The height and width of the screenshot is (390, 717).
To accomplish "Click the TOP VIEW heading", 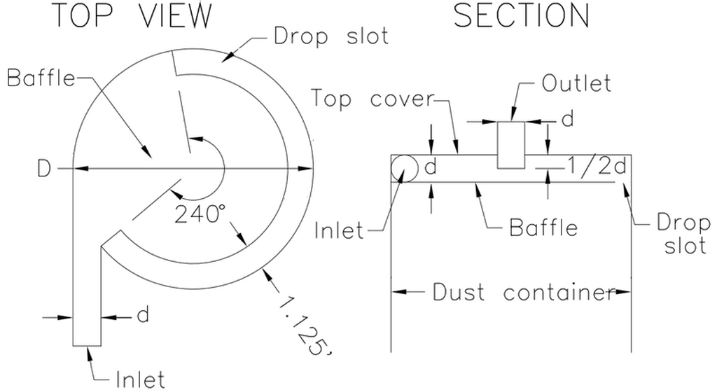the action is point(133,15).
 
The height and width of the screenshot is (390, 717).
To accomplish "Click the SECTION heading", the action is point(521,15).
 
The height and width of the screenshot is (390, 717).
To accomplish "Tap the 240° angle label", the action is point(197,214).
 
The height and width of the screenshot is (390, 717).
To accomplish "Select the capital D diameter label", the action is point(44,169).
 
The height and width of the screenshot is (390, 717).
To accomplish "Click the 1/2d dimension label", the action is point(597,165).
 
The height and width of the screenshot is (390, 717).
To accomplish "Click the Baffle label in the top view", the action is point(41,78).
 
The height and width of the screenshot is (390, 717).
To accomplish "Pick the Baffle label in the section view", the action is point(543,228).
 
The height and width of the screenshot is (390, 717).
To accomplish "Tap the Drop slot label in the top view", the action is point(331,36).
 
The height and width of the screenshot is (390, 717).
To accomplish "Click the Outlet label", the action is point(576,83).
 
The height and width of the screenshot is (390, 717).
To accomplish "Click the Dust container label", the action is point(522,292).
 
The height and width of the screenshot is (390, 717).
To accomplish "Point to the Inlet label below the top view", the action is point(140,379).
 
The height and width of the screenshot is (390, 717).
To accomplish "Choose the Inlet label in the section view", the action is point(339,230).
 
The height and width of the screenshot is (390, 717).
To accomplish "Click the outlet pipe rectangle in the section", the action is point(510,145).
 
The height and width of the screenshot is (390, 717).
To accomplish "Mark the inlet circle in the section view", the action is point(404,168).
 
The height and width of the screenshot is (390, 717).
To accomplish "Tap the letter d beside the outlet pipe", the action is point(567,119).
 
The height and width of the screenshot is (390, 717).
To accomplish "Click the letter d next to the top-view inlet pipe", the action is point(143,314).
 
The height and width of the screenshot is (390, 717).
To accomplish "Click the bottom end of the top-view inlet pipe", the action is point(87,346).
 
